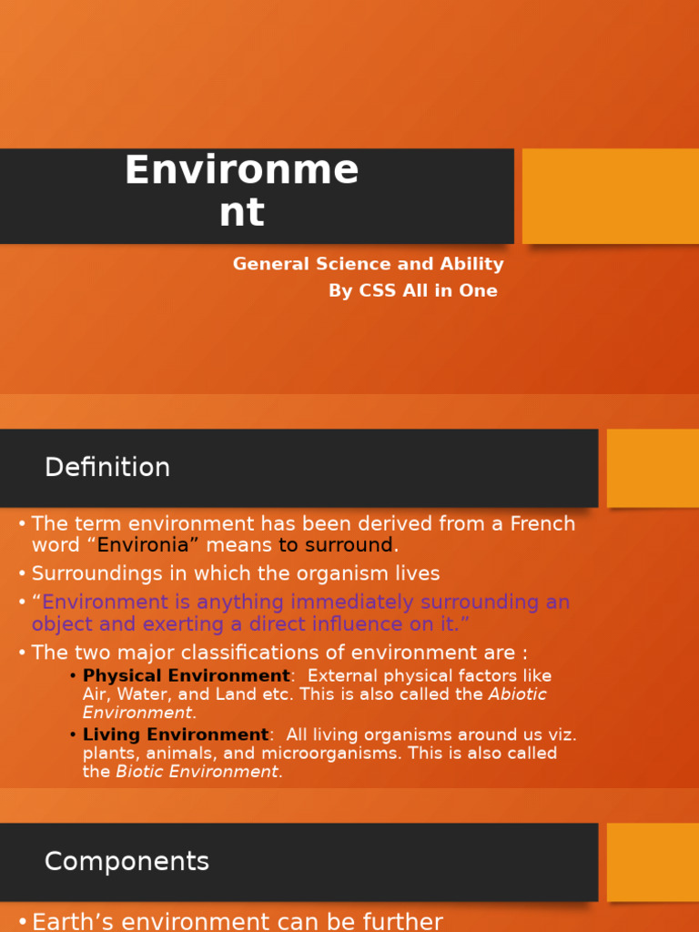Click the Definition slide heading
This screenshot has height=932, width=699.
pyautogui.click(x=107, y=468)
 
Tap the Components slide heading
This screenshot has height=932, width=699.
pyautogui.click(x=127, y=862)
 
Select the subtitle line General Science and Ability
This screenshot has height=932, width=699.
pyautogui.click(x=368, y=264)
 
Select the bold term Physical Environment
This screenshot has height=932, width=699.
pyautogui.click(x=186, y=676)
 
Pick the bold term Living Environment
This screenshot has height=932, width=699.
pyautogui.click(x=176, y=734)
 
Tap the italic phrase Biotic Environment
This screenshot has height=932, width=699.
pyautogui.click(x=197, y=772)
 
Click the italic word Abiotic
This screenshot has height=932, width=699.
pyautogui.click(x=517, y=694)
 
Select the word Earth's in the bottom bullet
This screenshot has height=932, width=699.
pyautogui.click(x=69, y=921)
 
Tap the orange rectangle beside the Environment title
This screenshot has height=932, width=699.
pyautogui.click(x=610, y=196)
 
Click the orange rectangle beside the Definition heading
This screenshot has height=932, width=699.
pyautogui.click(x=653, y=468)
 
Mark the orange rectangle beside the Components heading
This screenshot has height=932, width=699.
pyautogui.click(x=653, y=862)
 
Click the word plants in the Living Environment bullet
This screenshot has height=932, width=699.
pyautogui.click(x=106, y=754)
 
